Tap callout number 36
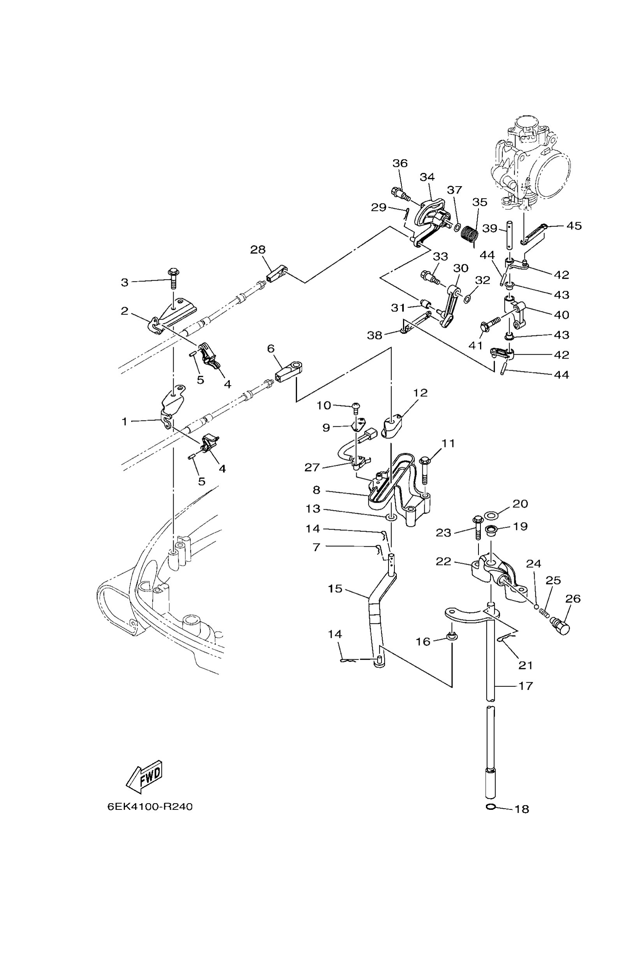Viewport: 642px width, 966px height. [400, 163]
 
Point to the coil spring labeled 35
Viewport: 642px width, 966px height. [470, 235]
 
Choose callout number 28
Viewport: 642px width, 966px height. [258, 249]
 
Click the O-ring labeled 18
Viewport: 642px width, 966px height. [491, 807]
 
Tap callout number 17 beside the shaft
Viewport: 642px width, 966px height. [526, 686]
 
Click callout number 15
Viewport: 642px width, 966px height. [335, 589]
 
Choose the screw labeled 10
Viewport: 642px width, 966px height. [356, 407]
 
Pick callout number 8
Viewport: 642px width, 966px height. [316, 490]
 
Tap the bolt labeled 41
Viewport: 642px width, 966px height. [489, 323]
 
